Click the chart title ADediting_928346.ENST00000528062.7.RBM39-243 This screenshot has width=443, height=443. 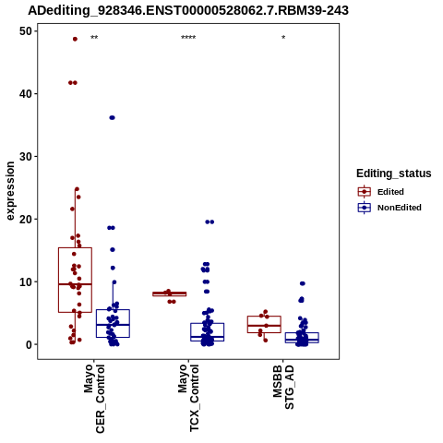pos(188,11)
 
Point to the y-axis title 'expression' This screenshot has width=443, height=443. pos(10,191)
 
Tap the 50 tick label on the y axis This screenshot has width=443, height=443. pos(26,31)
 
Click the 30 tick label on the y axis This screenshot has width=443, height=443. pos(26,156)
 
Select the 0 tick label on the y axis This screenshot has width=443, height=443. pos(29,344)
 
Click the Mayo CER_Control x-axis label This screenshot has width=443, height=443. pos(94,399)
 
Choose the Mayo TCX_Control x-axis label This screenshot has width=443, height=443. pos(188,398)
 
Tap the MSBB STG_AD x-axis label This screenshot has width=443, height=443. pos(283,388)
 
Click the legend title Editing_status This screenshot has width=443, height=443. pos(394,174)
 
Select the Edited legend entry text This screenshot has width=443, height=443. pos(390,192)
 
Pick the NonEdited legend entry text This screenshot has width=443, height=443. pos(400,208)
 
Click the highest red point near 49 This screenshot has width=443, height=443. pos(75,39)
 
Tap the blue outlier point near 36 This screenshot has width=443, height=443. pos(112,117)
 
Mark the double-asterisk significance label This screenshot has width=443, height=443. pos(94,38)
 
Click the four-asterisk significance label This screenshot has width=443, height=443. pos(188,38)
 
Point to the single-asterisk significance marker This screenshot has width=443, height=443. pos(283,38)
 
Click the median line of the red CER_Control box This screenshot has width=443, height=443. pos(75,284)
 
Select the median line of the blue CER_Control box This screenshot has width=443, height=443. pos(113,325)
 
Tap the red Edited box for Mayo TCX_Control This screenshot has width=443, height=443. pos(170,294)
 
